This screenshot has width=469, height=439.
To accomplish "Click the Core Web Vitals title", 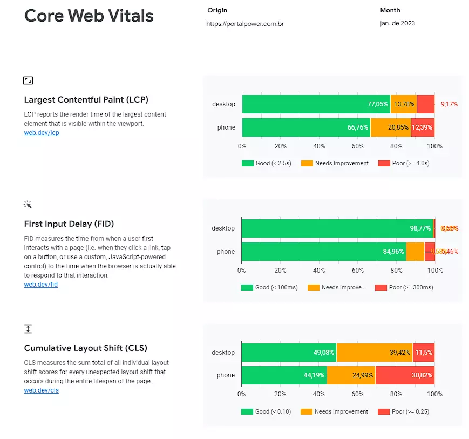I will click(x=89, y=16).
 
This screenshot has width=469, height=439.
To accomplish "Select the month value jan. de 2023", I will click(x=397, y=23).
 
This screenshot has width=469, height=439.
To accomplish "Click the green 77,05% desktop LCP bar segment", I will click(x=316, y=104).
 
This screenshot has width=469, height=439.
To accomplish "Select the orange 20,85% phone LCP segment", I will click(x=391, y=127).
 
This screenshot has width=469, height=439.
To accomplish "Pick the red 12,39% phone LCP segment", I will click(x=423, y=127).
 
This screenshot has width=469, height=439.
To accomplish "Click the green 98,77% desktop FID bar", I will click(x=337, y=228).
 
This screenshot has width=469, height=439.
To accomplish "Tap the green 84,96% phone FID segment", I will click(x=323, y=252).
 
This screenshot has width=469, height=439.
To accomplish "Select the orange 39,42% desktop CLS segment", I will click(x=375, y=353).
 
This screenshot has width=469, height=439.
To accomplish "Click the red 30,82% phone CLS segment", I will click(x=405, y=375).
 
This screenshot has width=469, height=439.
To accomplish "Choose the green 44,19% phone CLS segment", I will click(x=284, y=375).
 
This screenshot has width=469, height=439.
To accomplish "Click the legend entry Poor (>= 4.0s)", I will click(x=404, y=163).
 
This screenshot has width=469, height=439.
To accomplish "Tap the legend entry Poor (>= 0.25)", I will click(x=403, y=411).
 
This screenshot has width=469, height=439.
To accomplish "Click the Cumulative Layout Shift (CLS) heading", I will click(x=85, y=348).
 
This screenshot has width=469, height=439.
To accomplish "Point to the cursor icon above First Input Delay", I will click(x=28, y=205).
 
